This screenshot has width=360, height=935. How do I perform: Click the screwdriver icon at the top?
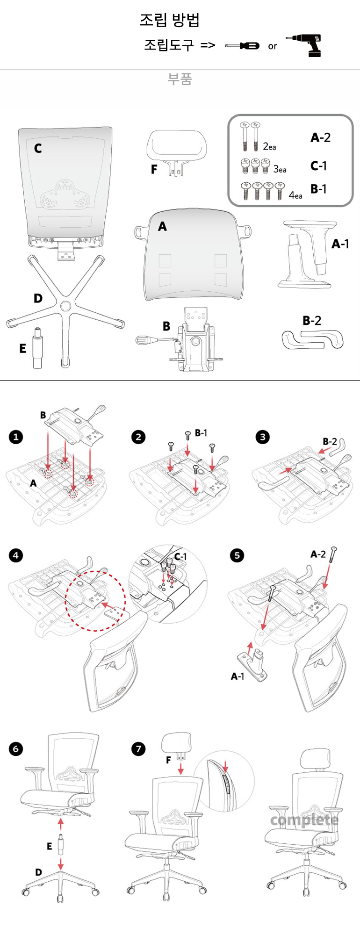click(242, 45)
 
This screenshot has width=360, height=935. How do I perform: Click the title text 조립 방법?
click(170, 20)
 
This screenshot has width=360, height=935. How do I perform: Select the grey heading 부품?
click(180, 79)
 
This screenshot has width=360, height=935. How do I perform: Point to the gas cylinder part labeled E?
click(36, 348)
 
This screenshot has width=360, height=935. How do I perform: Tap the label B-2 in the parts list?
click(312, 320)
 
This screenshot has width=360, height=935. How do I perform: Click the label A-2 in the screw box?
click(320, 137)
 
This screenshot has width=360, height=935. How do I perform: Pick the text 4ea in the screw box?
click(295, 195)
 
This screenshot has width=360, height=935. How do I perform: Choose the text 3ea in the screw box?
click(280, 169)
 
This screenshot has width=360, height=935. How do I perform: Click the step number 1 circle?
click(16, 437)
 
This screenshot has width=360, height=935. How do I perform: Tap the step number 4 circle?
click(16, 555)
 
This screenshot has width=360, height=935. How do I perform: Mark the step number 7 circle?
click(138, 749)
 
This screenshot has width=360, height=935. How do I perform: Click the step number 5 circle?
click(237, 555)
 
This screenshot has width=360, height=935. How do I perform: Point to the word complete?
click(304, 820)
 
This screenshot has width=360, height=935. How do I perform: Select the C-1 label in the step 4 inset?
click(180, 556)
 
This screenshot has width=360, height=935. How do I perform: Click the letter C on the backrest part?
click(38, 148)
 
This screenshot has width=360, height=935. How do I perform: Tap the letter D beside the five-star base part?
click(38, 298)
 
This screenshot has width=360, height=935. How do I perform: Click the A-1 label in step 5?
click(238, 676)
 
